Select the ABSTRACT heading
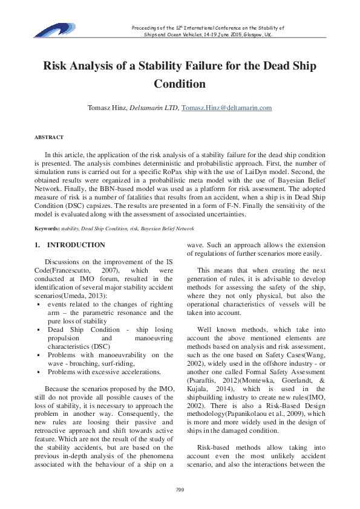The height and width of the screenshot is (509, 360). (x=49, y=138)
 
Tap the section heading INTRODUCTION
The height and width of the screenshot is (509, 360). (x=76, y=245)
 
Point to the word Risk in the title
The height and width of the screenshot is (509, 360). (x=55, y=66)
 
